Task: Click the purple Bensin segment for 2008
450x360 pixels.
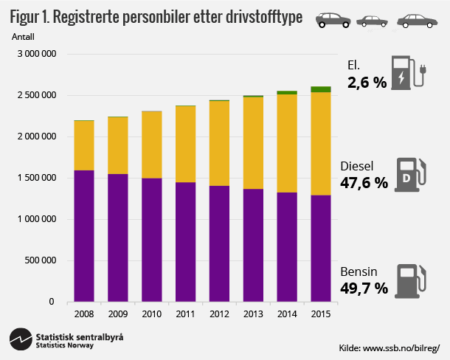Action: click(x=83, y=235)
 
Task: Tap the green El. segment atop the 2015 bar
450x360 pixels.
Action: click(x=320, y=89)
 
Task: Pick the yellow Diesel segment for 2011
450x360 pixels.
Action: click(x=185, y=144)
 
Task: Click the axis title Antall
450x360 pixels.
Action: click(x=24, y=35)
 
